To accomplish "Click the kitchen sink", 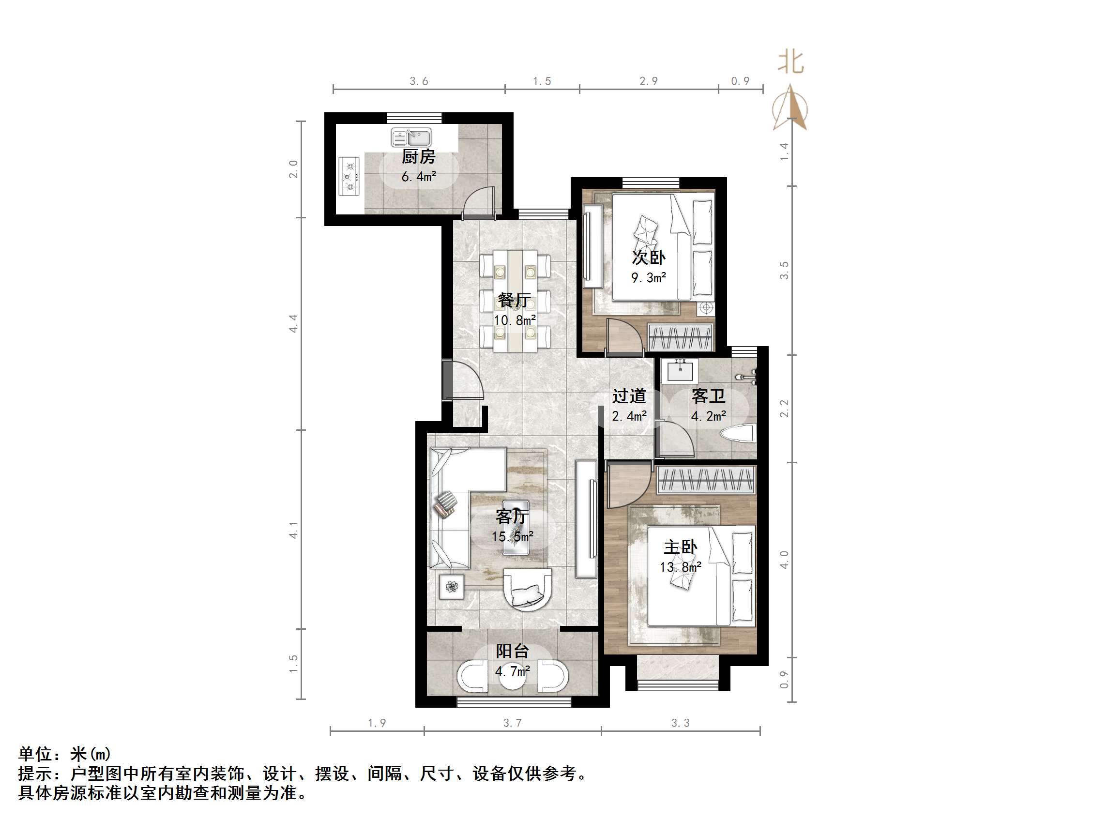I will click(x=411, y=137).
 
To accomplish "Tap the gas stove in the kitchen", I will click(x=349, y=177).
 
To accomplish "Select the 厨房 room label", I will click(x=419, y=157).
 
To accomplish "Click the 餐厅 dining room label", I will click(x=514, y=300).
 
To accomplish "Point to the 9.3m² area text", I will click(x=649, y=278).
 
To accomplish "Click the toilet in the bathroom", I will click(x=738, y=435).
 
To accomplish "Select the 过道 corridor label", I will click(x=629, y=396).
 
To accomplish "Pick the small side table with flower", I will click(x=452, y=586).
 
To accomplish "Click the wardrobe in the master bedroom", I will click(x=706, y=479).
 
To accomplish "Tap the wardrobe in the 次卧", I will click(x=681, y=337).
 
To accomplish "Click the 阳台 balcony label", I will click(x=513, y=651).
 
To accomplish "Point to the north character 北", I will click(x=790, y=63).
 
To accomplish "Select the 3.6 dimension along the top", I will click(x=419, y=81).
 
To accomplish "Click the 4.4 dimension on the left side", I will click(x=293, y=323).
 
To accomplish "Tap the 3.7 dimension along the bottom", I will click(x=513, y=723).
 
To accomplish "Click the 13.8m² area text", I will click(x=681, y=567).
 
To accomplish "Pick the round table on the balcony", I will click(x=513, y=678).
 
